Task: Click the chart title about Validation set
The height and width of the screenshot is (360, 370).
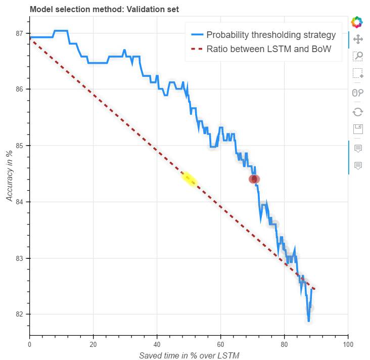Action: coord(104,9)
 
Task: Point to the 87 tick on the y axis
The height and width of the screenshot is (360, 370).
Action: coord(20,33)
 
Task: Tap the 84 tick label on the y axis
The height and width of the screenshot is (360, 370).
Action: coord(20,202)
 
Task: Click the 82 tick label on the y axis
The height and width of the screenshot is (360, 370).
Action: coord(20,314)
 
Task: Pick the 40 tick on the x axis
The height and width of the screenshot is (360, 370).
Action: coord(157,344)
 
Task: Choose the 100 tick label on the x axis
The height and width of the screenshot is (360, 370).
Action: coord(348,344)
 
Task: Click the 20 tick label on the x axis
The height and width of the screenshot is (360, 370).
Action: coord(93,344)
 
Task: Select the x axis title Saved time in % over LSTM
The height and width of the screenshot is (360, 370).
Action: coord(189,355)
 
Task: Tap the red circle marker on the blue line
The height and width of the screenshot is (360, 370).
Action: coord(254,178)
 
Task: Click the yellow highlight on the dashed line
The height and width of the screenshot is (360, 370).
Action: coord(190,179)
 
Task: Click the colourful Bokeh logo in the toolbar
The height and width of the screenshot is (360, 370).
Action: coord(358,22)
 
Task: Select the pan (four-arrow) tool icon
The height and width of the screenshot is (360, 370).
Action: coord(358,39)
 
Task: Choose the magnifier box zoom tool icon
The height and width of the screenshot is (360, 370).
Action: coord(358,56)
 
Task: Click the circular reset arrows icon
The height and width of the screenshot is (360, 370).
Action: coord(358,111)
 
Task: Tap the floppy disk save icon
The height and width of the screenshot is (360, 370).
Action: coord(358,128)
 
